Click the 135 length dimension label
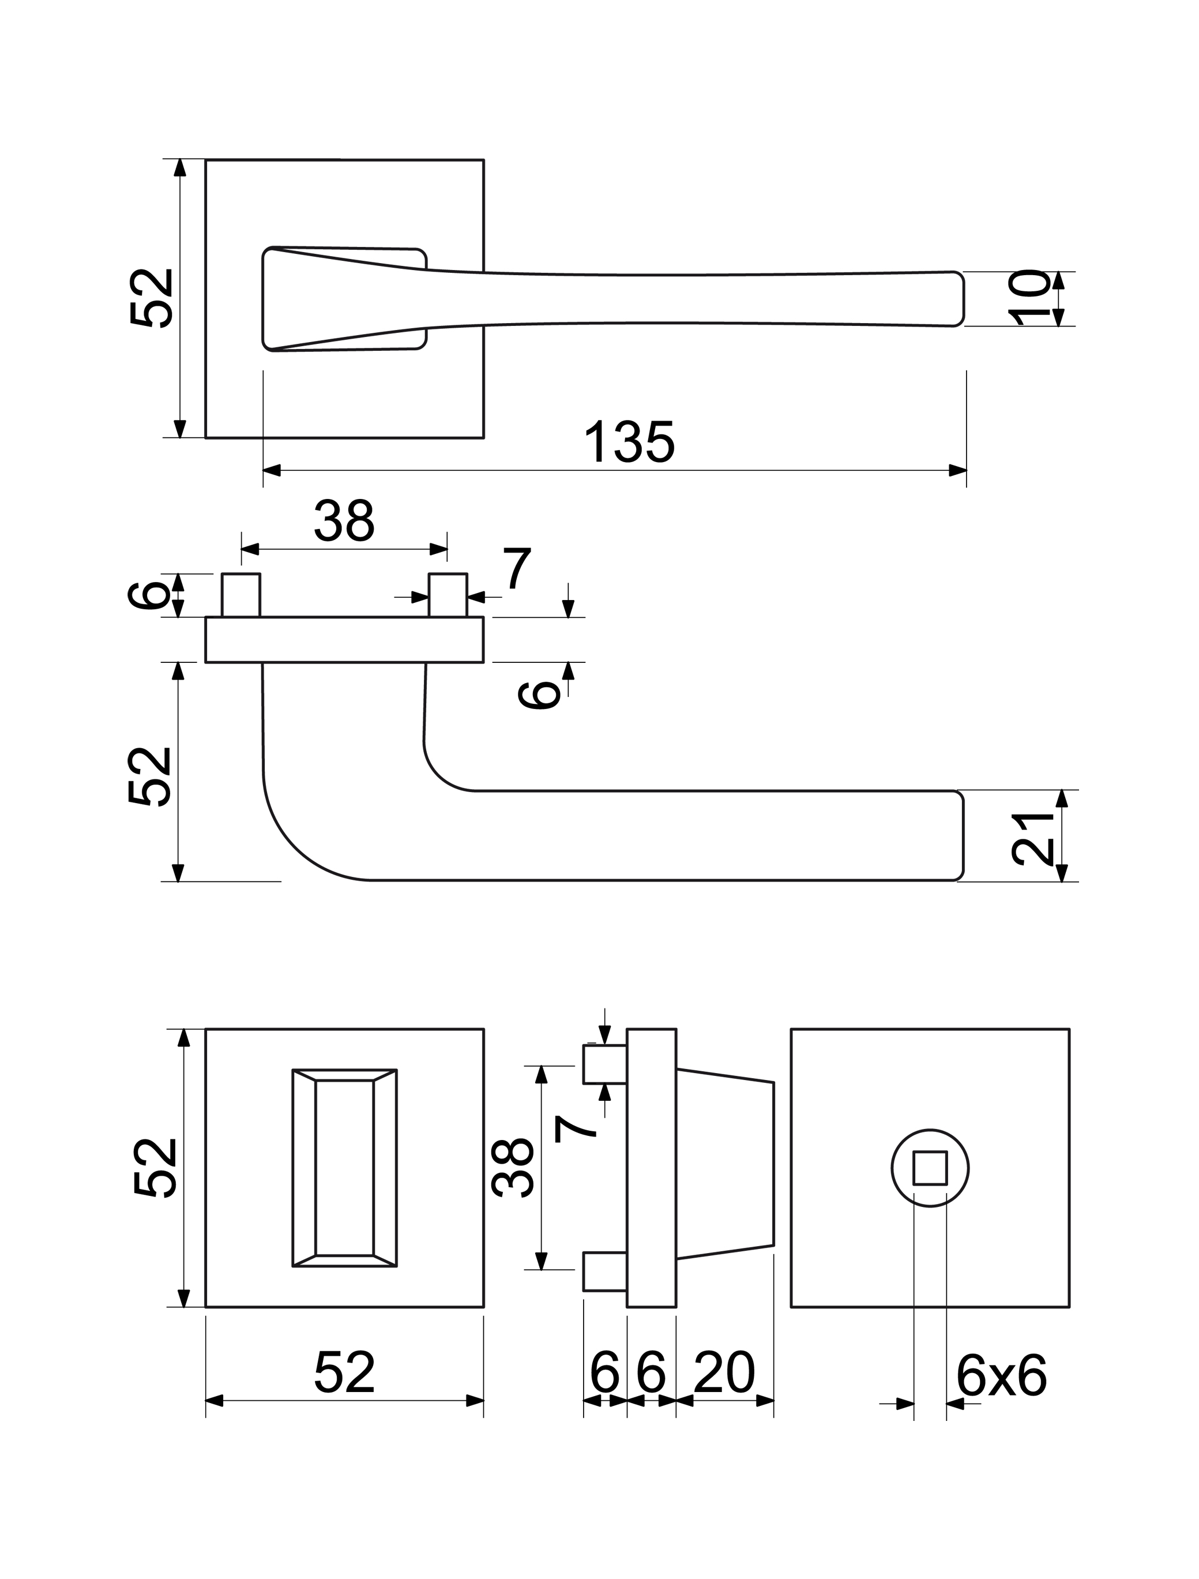tap(629, 442)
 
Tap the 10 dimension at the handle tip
tap(1028, 298)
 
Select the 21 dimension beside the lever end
tap(1033, 838)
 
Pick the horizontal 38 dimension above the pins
tap(344, 522)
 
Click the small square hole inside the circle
tap(930, 1169)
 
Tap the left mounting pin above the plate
tap(240, 595)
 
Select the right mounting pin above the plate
tap(448, 595)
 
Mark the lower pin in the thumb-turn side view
tap(604, 1272)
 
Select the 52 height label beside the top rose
tap(153, 298)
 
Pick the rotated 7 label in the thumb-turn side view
tap(576, 1128)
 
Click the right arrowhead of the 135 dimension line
tap(958, 470)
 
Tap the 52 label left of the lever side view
tap(151, 777)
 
